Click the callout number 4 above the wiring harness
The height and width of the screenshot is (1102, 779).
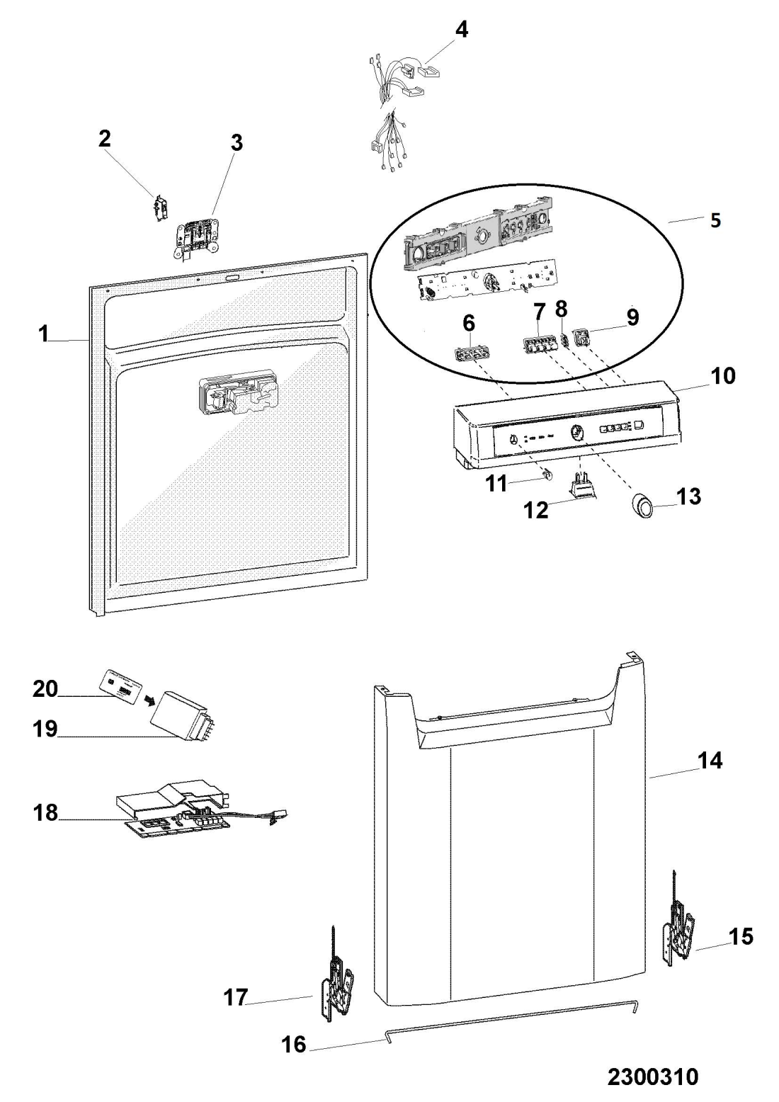click(x=461, y=30)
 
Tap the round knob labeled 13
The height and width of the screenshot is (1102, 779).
click(x=644, y=507)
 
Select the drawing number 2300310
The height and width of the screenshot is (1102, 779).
click(x=652, y=1077)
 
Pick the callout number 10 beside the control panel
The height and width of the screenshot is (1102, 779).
click(x=722, y=376)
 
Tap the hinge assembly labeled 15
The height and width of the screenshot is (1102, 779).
click(x=678, y=929)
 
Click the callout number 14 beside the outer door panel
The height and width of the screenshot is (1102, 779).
click(x=710, y=761)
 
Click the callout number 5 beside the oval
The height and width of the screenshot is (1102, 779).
click(x=715, y=220)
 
